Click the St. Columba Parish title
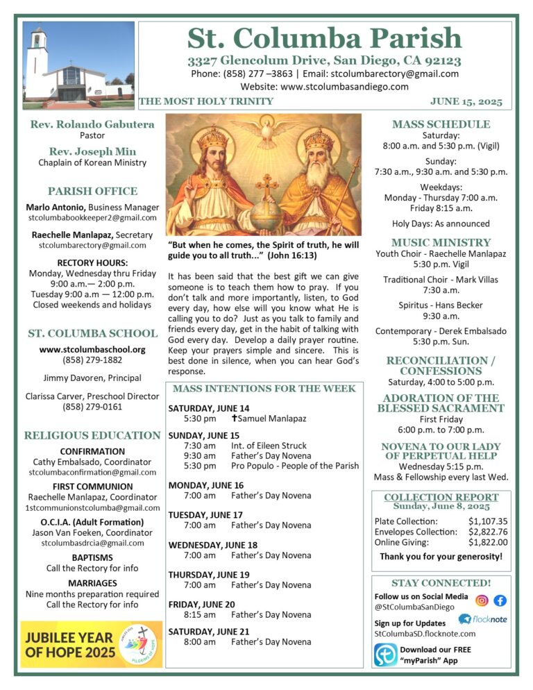coord(325,38)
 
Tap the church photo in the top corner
coord(78,65)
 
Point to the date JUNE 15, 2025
coord(466,101)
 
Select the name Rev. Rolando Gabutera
coord(92,125)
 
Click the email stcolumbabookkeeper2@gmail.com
coord(92,218)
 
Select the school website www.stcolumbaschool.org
coord(92,350)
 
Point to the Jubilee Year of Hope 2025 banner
coord(91,644)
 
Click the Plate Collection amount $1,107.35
coord(488,521)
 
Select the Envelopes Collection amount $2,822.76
coord(488,532)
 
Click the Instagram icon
coord(482,600)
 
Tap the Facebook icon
coord(500,600)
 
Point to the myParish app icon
coord(385,655)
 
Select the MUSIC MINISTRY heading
coord(441,243)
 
